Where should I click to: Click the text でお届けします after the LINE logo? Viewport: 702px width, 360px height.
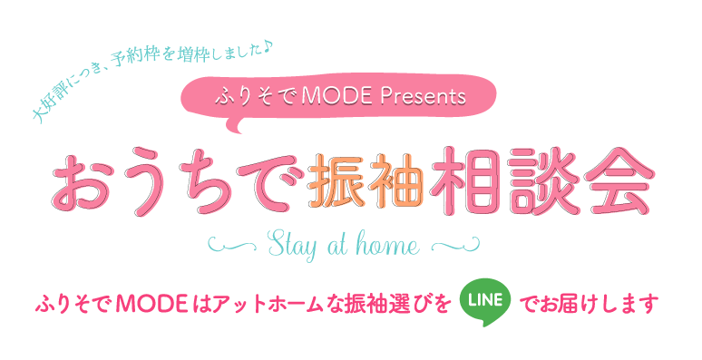coord(590,302)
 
